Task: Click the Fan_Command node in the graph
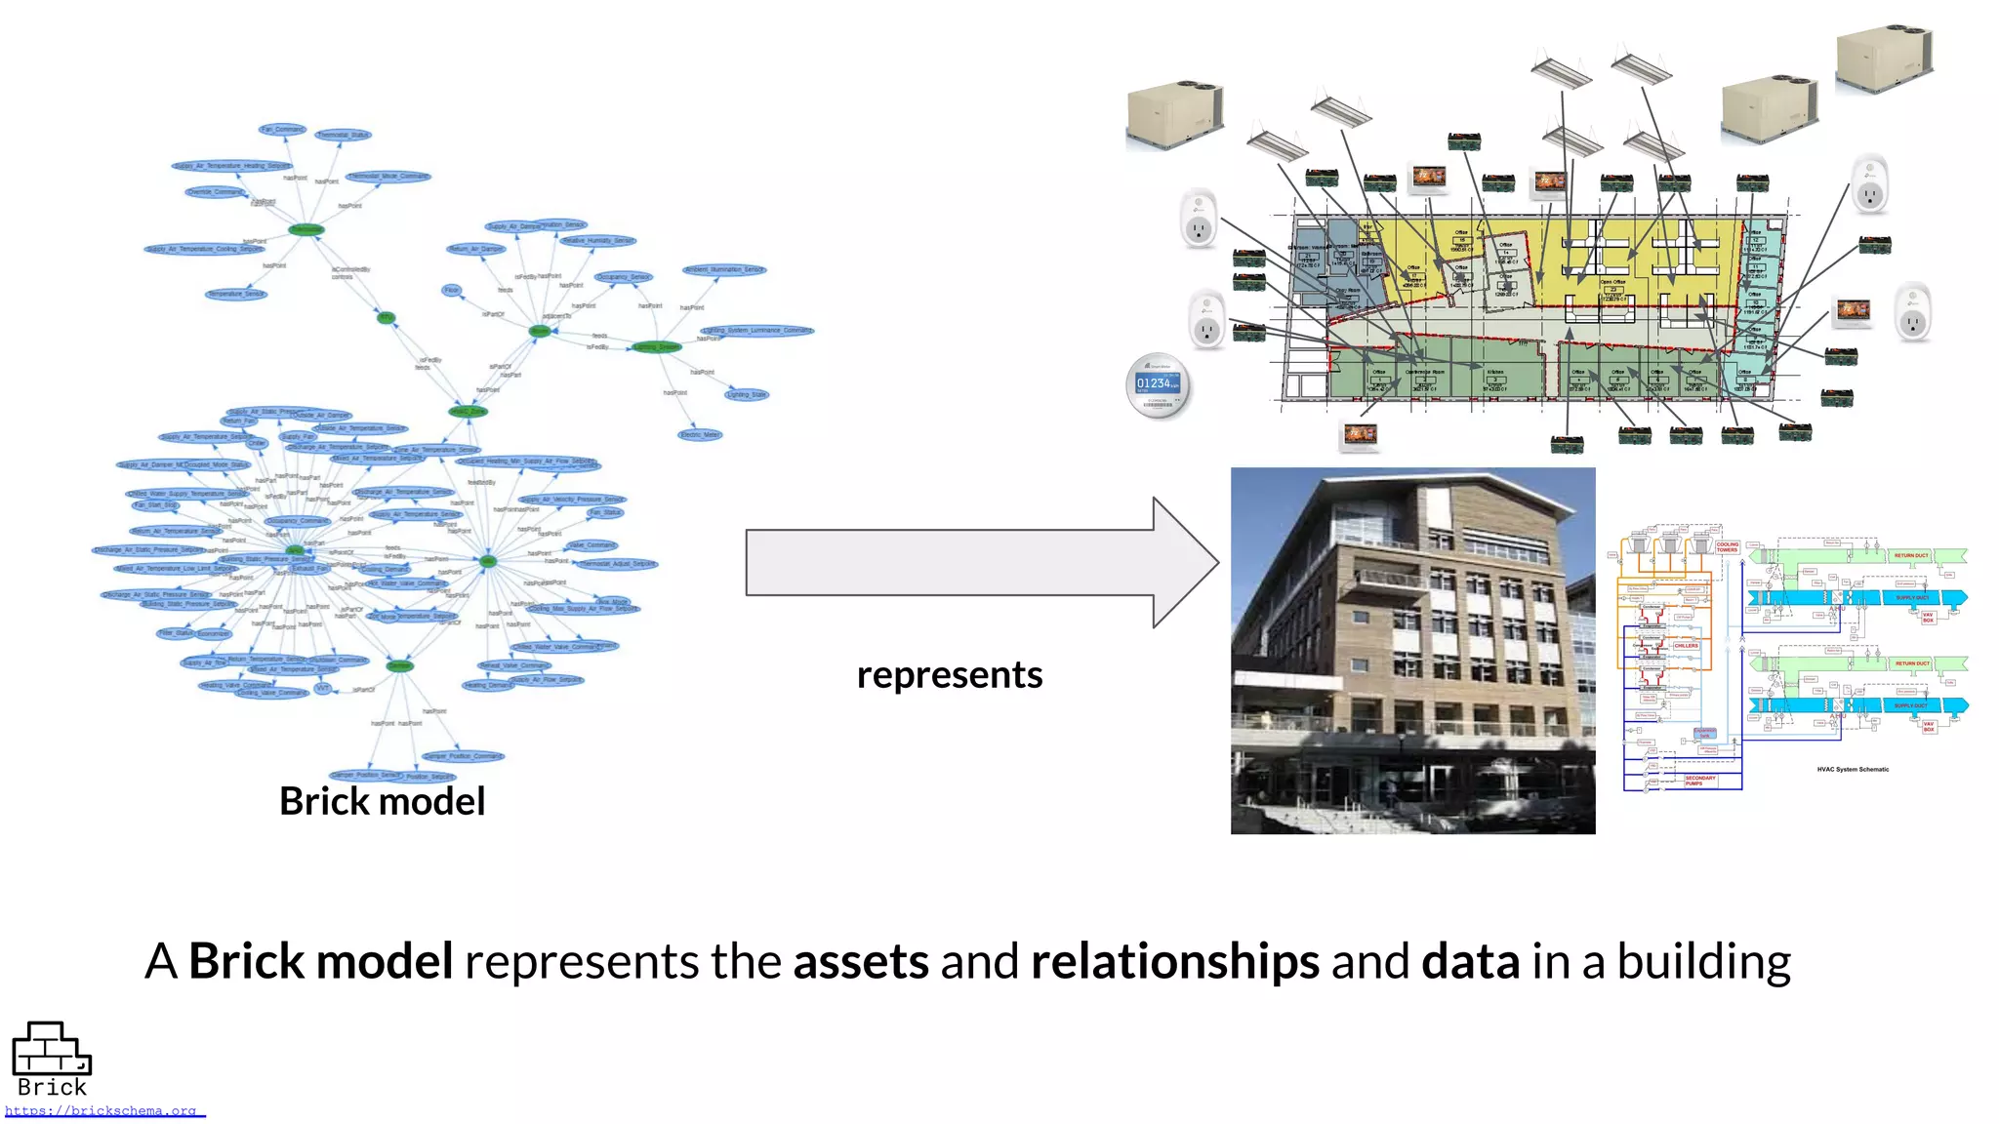point(282,129)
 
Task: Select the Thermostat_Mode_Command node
point(388,177)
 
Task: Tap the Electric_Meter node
point(700,434)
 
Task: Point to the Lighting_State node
point(747,394)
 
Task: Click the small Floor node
point(451,290)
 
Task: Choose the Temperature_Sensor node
point(236,293)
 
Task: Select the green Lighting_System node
point(657,346)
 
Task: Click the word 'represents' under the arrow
point(949,674)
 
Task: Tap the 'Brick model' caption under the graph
point(382,801)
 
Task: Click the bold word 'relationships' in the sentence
point(1174,960)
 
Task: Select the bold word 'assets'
point(860,960)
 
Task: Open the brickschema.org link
point(102,1110)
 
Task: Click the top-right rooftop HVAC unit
point(1883,59)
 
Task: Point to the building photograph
point(1412,650)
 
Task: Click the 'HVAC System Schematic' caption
point(1852,769)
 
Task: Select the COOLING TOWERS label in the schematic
point(1727,547)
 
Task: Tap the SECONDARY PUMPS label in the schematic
point(1699,781)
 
